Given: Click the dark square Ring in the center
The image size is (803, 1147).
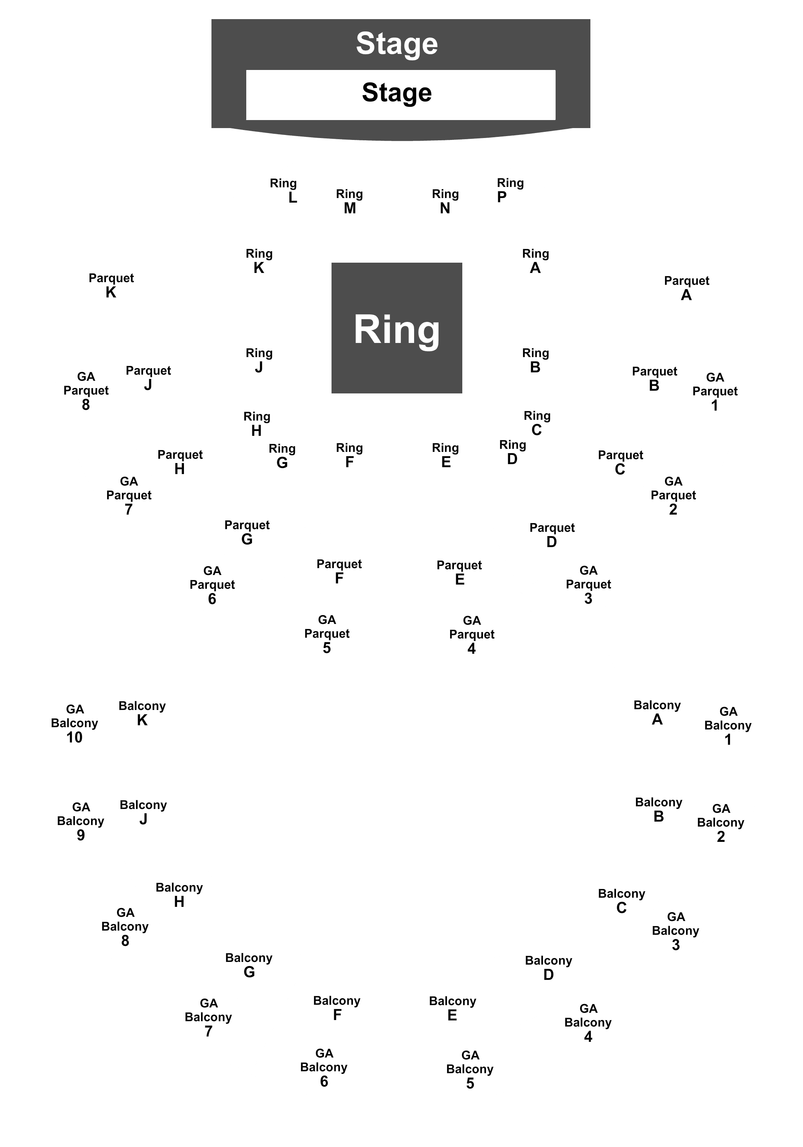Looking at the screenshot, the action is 397,328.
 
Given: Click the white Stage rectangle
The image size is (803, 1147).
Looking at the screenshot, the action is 401,95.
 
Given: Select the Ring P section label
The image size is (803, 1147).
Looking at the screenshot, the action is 510,190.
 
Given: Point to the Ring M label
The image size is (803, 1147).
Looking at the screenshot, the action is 349,201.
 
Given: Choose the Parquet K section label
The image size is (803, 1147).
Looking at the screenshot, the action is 111,285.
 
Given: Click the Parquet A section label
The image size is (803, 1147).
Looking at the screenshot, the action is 687,288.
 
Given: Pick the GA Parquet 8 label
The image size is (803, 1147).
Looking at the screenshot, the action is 86,391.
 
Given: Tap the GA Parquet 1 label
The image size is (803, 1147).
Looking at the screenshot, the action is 715,392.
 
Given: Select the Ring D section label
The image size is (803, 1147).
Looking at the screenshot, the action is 513,452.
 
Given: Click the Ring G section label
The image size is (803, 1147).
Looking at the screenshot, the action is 282,456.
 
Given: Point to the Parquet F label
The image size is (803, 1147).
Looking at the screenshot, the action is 339,571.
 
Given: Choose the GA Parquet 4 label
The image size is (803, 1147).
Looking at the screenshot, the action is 472,634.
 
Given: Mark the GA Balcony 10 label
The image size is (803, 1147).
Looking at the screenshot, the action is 75,723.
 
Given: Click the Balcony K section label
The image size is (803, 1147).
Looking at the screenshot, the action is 142,713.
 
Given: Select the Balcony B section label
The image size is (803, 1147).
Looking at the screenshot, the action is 658,809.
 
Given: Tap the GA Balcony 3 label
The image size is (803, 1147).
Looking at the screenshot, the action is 676,931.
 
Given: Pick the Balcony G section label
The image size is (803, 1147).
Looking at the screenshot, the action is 249,965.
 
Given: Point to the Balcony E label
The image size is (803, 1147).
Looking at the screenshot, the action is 453,1008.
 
